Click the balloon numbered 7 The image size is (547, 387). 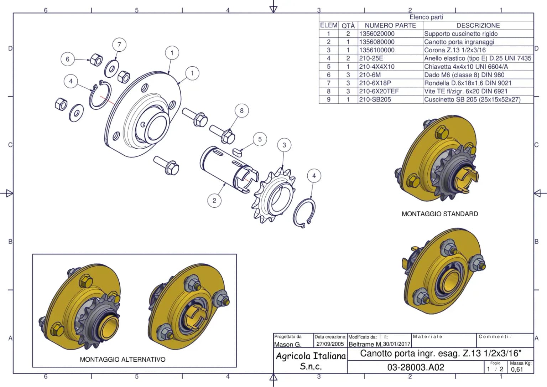[x=119, y=45]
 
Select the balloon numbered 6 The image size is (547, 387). [x=68, y=59]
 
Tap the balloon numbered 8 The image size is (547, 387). [x=242, y=111]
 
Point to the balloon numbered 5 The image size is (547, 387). [x=260, y=139]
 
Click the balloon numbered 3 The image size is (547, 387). [x=284, y=145]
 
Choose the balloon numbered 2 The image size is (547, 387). [x=214, y=201]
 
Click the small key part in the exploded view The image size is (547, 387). [x=236, y=152]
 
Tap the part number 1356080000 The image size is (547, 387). [x=377, y=42]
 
